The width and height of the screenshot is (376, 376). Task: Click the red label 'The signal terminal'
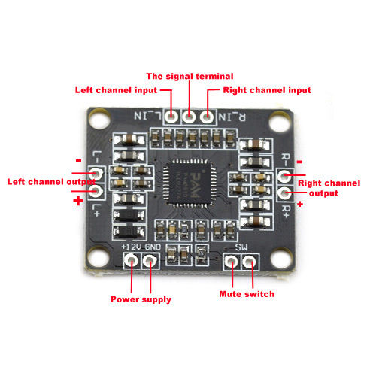(190, 77)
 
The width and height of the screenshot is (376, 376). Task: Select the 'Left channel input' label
(117, 90)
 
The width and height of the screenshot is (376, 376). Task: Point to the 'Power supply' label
(141, 299)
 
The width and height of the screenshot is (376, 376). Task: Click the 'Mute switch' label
(246, 293)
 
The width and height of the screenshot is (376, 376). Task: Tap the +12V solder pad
(132, 261)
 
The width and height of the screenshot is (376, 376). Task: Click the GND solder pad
(150, 261)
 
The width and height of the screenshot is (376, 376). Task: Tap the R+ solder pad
(284, 193)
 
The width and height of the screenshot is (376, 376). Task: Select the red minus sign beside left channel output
(78, 160)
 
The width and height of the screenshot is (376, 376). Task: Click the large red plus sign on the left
(77, 202)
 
